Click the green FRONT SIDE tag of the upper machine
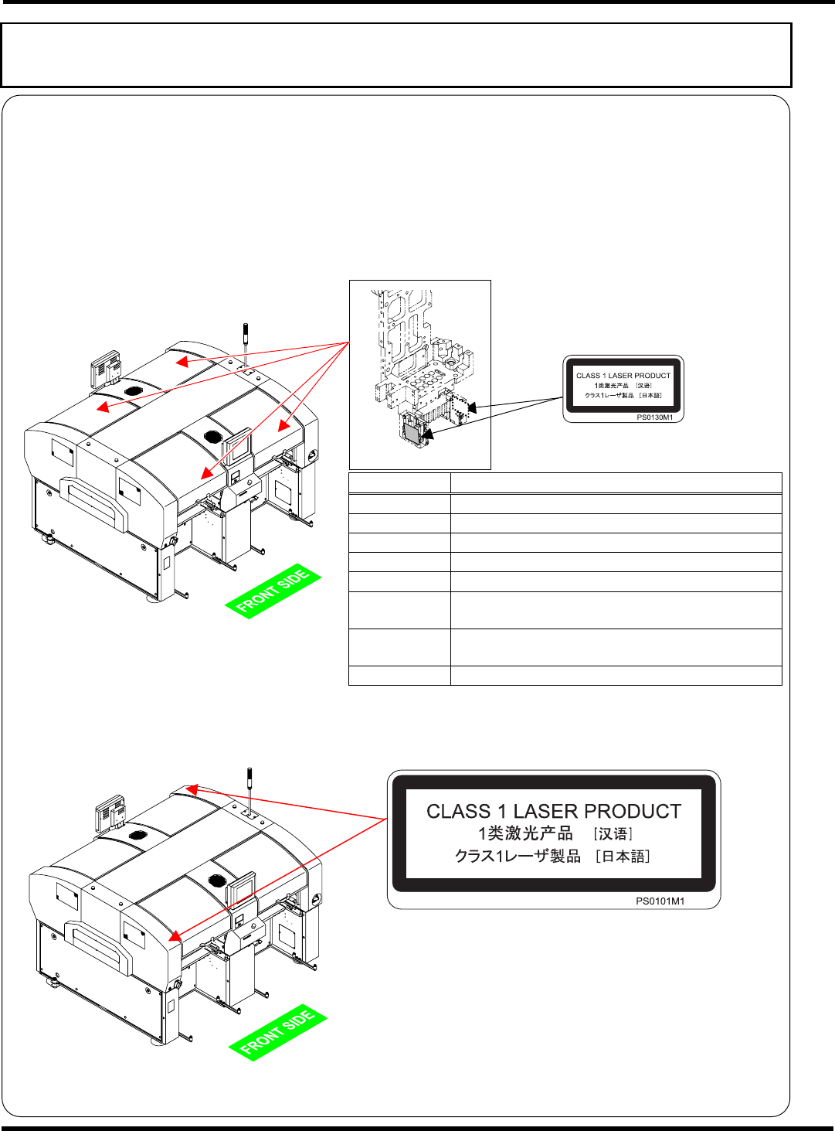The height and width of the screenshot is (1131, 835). [x=273, y=592]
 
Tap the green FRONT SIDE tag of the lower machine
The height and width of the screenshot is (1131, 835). [x=277, y=1033]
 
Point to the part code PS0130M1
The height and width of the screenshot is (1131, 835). [x=654, y=417]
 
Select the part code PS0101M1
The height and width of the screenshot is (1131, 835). [x=660, y=901]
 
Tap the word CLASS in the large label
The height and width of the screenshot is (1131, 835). [x=459, y=812]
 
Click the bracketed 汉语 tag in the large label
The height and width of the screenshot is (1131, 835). [x=613, y=834]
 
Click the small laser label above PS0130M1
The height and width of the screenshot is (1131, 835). [x=623, y=385]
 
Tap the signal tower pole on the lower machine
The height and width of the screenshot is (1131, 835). [x=248, y=785]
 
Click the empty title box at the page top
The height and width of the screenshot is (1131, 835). [x=396, y=55]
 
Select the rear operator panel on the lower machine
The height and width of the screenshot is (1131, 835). [x=112, y=812]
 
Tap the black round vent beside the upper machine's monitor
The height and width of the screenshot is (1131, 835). [x=213, y=437]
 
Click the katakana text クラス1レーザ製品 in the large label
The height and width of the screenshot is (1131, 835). [x=518, y=857]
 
